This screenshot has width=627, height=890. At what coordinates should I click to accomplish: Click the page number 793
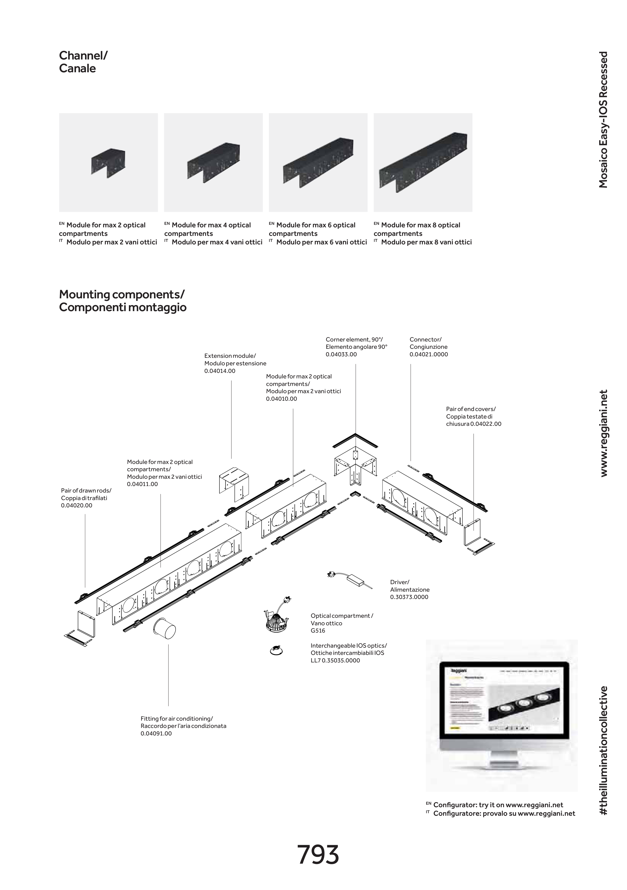[318, 855]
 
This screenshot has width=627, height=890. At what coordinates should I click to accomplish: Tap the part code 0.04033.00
[341, 354]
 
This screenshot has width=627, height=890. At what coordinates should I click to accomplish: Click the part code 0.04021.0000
[429, 354]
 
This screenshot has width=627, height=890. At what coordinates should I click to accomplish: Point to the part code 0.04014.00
[220, 371]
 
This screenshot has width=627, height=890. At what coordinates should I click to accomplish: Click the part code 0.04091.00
[156, 733]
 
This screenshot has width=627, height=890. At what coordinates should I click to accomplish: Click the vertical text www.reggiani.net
[603, 433]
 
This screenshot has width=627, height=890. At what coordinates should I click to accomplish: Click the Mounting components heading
[122, 301]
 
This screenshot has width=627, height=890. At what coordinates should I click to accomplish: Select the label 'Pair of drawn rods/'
[86, 491]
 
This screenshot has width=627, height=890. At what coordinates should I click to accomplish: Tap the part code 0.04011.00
[142, 484]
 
